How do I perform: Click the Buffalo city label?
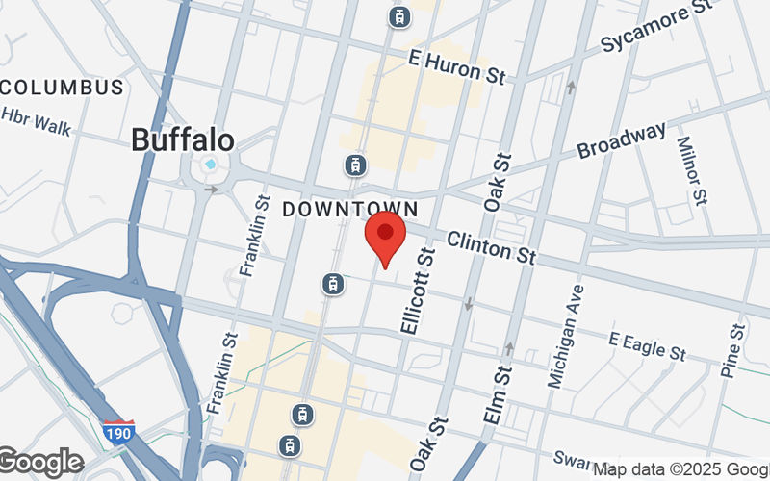click(x=182, y=140)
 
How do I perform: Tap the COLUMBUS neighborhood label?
click(x=62, y=88)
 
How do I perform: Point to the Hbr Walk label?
click(x=36, y=121)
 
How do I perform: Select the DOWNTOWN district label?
click(x=350, y=209)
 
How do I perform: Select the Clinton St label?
click(x=491, y=246)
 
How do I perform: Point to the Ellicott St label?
click(x=418, y=290)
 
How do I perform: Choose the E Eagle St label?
click(x=648, y=346)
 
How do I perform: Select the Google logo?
click(x=41, y=463)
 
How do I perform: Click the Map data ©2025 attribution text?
click(x=680, y=469)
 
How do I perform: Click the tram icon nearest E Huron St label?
click(x=397, y=15)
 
